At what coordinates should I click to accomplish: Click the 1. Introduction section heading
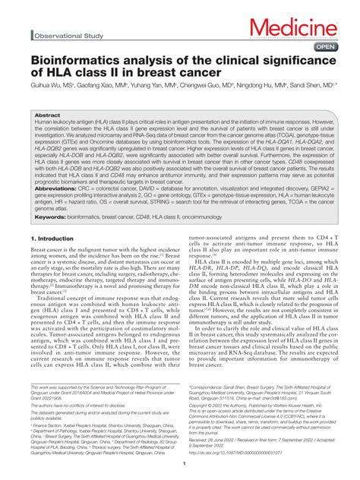tap(52, 238)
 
